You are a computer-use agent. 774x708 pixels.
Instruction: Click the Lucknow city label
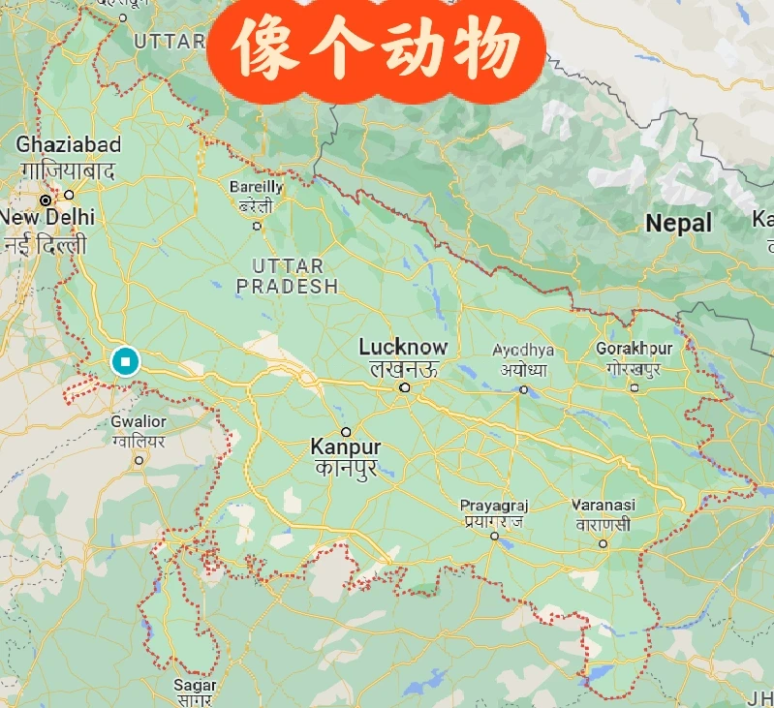click(403, 347)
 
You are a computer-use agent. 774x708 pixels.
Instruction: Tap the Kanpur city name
click(345, 447)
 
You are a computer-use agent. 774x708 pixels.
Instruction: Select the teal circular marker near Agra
click(125, 361)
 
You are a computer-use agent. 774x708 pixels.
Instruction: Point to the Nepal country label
click(678, 223)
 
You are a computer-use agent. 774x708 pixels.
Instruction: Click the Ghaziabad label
click(68, 145)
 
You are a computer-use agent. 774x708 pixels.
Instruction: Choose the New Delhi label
click(47, 217)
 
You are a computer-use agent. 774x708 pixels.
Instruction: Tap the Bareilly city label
click(257, 186)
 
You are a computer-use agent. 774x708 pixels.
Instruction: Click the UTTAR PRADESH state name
click(288, 276)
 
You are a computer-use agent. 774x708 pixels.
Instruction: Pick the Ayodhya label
click(523, 350)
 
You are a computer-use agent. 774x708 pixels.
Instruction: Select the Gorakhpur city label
click(634, 348)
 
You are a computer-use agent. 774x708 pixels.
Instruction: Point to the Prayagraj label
click(494, 506)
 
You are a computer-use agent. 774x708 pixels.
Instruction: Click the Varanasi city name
click(603, 506)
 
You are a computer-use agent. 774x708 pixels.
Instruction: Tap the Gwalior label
click(139, 422)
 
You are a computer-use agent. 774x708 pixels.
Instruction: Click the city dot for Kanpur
click(346, 432)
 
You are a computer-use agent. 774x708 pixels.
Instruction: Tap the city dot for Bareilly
click(257, 226)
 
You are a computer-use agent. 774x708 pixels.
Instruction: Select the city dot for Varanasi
click(603, 543)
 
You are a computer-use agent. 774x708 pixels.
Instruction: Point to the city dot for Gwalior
click(139, 460)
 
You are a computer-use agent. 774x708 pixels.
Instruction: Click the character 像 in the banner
click(260, 50)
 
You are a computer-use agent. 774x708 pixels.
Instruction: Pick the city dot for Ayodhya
click(523, 390)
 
